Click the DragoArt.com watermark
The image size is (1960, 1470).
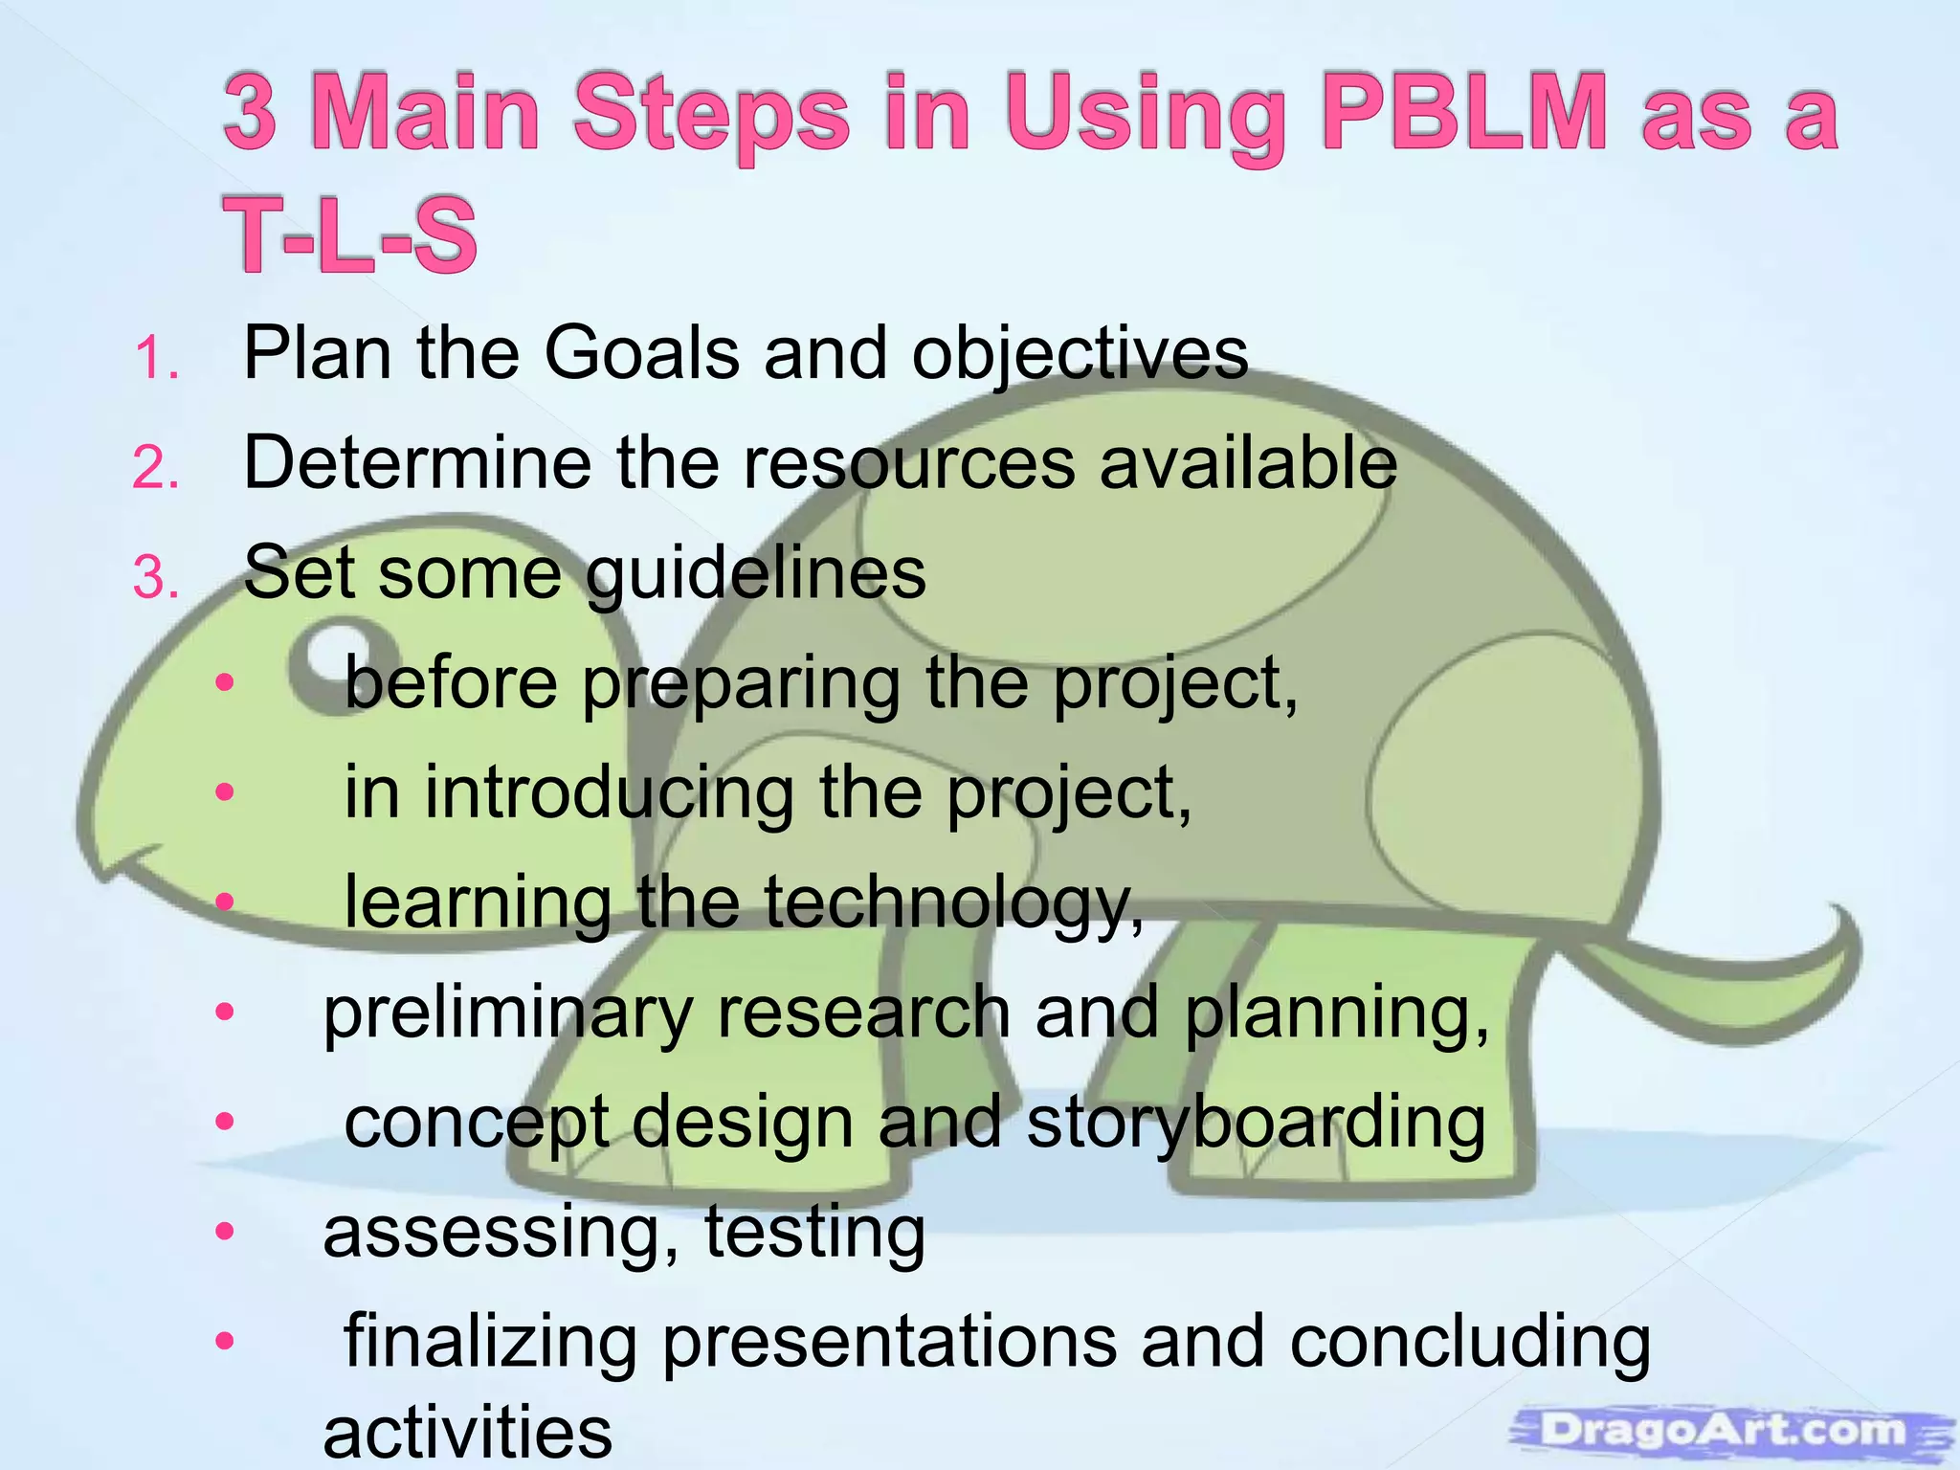pos(1723,1431)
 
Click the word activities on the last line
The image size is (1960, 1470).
pos(467,1433)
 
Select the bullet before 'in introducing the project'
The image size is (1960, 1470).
pos(225,791)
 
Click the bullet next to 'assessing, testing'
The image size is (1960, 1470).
pos(225,1231)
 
